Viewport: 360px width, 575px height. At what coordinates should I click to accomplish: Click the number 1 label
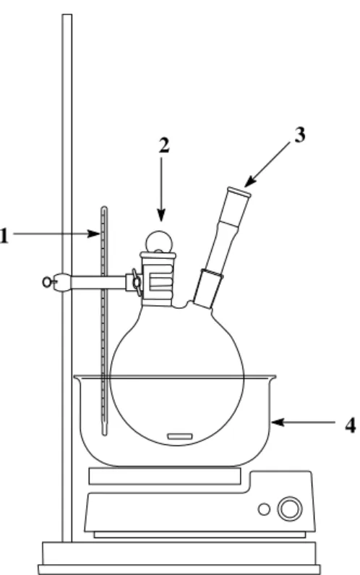pos(4,236)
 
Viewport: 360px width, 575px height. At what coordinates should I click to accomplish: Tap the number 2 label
pos(164,145)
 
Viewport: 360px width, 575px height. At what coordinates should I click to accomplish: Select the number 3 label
pos(299,135)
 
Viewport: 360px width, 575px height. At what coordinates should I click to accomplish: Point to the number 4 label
pos(350,426)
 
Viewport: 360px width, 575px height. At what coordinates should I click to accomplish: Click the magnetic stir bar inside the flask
pos(179,436)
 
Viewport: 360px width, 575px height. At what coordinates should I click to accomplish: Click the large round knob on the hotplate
pos(290,509)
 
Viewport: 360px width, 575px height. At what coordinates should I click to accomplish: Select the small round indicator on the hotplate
pos(264,509)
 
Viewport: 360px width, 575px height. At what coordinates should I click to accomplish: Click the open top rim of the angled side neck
pos(239,192)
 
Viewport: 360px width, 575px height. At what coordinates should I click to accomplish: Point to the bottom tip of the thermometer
pos(105,435)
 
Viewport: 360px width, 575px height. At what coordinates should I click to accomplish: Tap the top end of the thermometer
pos(105,208)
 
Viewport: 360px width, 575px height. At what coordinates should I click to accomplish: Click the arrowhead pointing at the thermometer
pos(93,234)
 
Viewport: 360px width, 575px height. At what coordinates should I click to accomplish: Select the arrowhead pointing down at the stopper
pos(161,216)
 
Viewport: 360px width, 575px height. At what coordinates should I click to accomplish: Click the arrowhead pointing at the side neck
pos(249,182)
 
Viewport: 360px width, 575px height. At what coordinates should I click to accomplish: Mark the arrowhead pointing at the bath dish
pos(278,422)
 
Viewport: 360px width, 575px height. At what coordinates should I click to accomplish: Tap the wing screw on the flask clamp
pos(137,282)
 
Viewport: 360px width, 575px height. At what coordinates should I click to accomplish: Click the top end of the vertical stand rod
pos(67,15)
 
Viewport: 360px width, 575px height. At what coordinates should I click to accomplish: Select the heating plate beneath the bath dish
pos(165,476)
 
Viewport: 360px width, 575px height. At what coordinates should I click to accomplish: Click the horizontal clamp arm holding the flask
pos(98,282)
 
